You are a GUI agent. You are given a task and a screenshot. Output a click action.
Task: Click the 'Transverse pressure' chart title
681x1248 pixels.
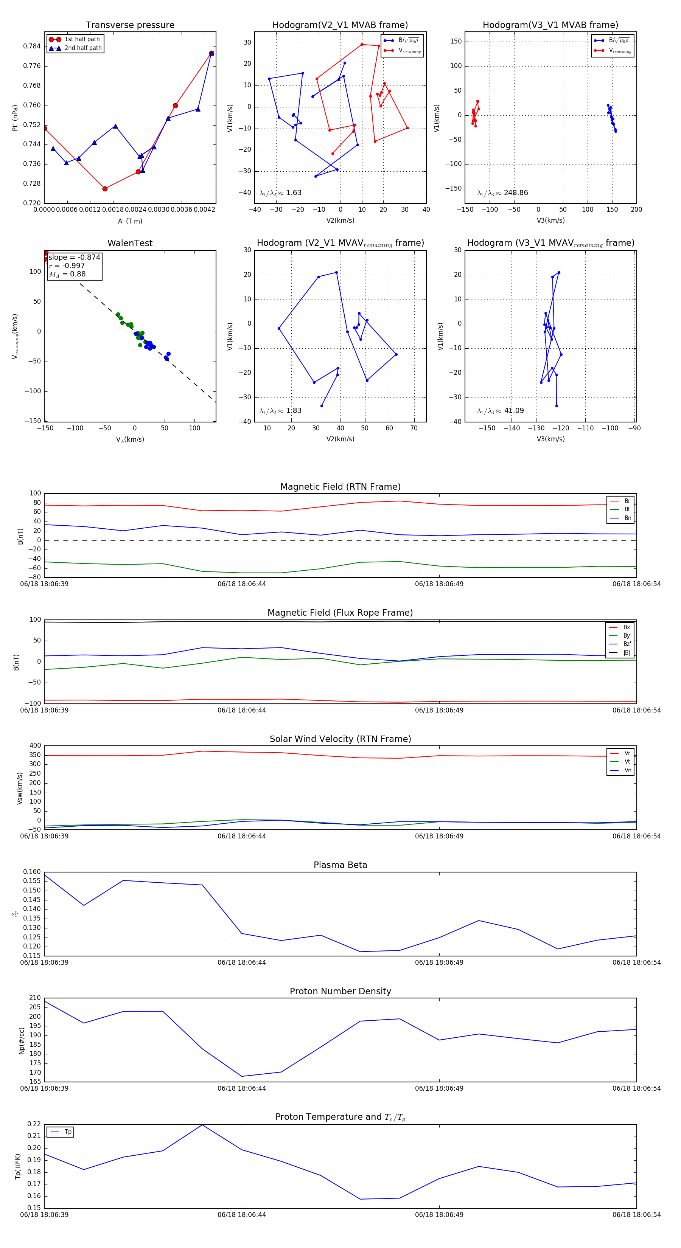pyautogui.click(x=130, y=25)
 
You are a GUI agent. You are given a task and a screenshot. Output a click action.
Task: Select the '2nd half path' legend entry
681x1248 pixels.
pyautogui.click(x=83, y=48)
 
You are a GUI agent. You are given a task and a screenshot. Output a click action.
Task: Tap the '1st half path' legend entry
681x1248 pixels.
pyautogui.click(x=82, y=39)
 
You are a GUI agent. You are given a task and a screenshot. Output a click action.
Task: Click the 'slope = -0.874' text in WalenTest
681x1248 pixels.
pyautogui.click(x=74, y=257)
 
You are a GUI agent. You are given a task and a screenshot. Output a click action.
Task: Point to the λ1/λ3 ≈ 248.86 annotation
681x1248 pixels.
pyautogui.click(x=503, y=193)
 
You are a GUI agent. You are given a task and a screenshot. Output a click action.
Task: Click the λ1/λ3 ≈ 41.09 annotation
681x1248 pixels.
pyautogui.click(x=501, y=411)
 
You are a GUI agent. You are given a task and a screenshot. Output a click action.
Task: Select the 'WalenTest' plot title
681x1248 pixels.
pyautogui.click(x=130, y=243)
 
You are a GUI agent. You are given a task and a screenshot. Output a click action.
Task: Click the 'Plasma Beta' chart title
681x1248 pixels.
pyautogui.click(x=340, y=865)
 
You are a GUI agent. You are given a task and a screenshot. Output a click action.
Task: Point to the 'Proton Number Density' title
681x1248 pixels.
pyautogui.click(x=340, y=991)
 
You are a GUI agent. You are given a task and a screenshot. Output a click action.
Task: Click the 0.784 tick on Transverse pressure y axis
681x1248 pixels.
pyautogui.click(x=32, y=47)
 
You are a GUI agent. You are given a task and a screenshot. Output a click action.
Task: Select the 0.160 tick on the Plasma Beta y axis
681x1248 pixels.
pyautogui.click(x=32, y=872)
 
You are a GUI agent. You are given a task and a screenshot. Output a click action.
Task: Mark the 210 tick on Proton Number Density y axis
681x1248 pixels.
pyautogui.click(x=35, y=998)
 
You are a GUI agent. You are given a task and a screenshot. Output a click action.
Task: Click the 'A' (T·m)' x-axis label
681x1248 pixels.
pyautogui.click(x=130, y=221)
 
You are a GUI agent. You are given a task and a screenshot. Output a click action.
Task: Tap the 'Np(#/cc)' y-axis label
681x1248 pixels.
pyautogui.click(x=21, y=1040)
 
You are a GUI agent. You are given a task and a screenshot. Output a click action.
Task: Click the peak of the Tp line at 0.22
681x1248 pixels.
pyautogui.click(x=202, y=1124)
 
